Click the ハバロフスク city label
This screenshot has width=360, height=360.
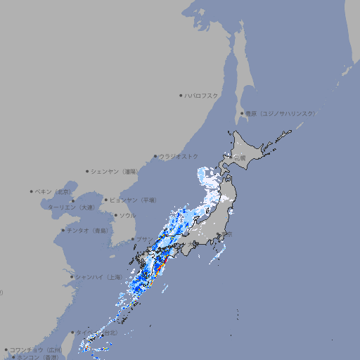(202, 95)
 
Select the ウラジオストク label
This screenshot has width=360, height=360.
(179, 156)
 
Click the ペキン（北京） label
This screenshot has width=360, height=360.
(53, 191)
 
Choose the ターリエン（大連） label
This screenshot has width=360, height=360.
(71, 207)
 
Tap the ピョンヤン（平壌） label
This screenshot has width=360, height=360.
(133, 200)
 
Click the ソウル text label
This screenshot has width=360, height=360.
(127, 215)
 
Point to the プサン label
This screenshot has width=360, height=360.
(144, 239)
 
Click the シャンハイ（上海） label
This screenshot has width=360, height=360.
(98, 277)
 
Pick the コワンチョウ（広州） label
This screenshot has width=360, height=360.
(36, 349)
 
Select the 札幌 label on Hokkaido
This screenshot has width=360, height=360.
(240, 157)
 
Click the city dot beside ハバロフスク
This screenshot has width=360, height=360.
(181, 95)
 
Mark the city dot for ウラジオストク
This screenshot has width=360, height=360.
(155, 156)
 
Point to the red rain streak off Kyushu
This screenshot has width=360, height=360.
(162, 266)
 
